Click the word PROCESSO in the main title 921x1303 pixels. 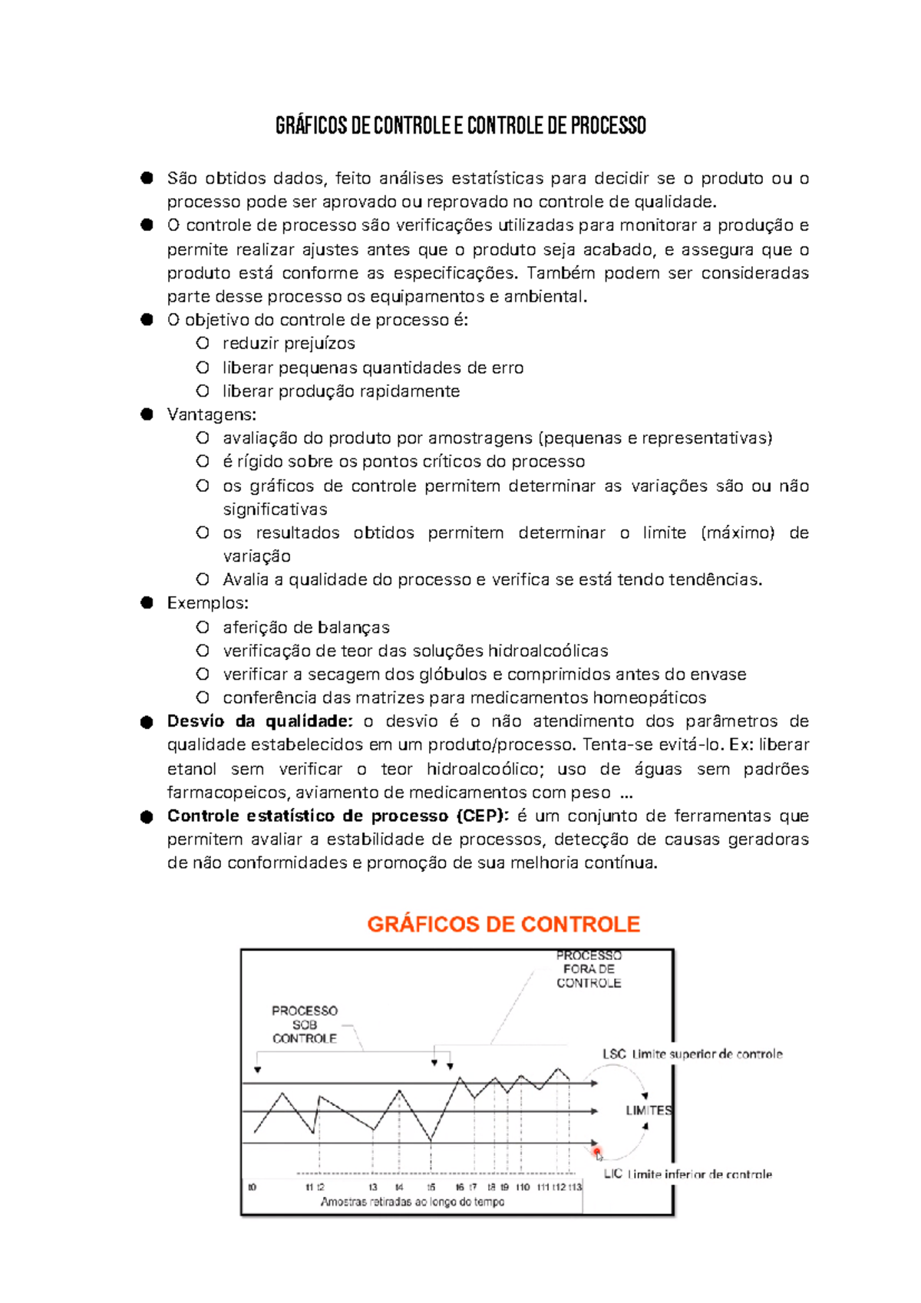tap(608, 125)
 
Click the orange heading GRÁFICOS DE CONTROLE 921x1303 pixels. tap(503, 924)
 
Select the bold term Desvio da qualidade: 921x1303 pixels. tap(260, 721)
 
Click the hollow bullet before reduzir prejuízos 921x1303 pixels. tap(203, 343)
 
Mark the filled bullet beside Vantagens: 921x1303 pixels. tap(147, 414)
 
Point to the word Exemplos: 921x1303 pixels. tap(207, 603)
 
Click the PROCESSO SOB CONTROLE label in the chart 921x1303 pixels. tap(305, 1024)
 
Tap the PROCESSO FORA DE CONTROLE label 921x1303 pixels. tap(589, 969)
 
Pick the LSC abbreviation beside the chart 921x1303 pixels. tap(614, 1054)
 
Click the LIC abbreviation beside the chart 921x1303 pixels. tap(613, 1174)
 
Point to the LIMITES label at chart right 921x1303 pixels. tap(649, 1110)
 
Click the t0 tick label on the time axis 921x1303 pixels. tap(252, 1187)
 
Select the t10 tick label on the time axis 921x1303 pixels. tap(523, 1187)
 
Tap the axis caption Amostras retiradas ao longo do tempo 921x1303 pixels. tap(412, 1202)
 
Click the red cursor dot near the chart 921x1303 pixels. tap(597, 1151)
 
